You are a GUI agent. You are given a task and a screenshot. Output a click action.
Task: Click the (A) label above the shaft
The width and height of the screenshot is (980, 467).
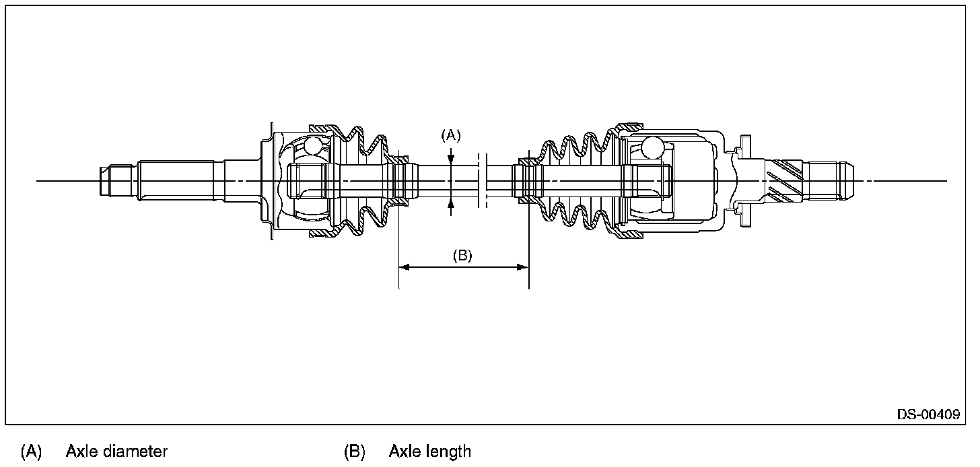(450, 135)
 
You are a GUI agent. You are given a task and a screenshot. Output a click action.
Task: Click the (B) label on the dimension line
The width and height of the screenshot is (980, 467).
(462, 256)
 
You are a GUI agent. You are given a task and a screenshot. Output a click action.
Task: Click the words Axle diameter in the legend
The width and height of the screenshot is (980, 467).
(116, 451)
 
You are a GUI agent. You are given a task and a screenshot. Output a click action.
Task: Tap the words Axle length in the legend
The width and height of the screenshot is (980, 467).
(429, 451)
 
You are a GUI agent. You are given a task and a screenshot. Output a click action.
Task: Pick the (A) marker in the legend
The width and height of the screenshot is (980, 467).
(32, 451)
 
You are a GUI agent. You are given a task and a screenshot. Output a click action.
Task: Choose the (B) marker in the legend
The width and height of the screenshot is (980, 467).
(355, 451)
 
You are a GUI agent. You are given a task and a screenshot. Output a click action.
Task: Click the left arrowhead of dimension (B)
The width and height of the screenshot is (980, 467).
(404, 267)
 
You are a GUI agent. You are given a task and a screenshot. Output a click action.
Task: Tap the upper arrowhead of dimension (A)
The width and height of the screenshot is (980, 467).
(450, 158)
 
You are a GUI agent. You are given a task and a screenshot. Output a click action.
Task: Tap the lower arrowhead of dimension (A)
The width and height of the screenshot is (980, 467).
(450, 204)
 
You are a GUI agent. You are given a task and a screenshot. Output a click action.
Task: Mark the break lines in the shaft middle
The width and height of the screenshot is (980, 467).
(481, 180)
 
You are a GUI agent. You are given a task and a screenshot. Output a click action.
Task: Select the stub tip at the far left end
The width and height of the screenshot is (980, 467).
(106, 180)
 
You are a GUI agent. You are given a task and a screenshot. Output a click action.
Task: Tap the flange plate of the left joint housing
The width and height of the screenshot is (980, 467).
(270, 180)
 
